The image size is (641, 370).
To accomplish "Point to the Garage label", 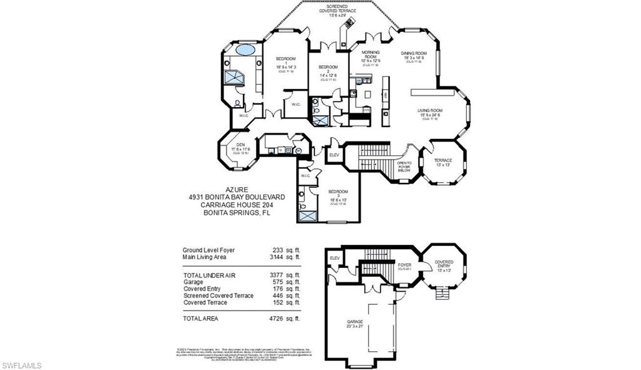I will (x=356, y=324).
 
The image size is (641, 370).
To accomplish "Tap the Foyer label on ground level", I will (x=405, y=265).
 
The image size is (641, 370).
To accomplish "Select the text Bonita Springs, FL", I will (x=237, y=213).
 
